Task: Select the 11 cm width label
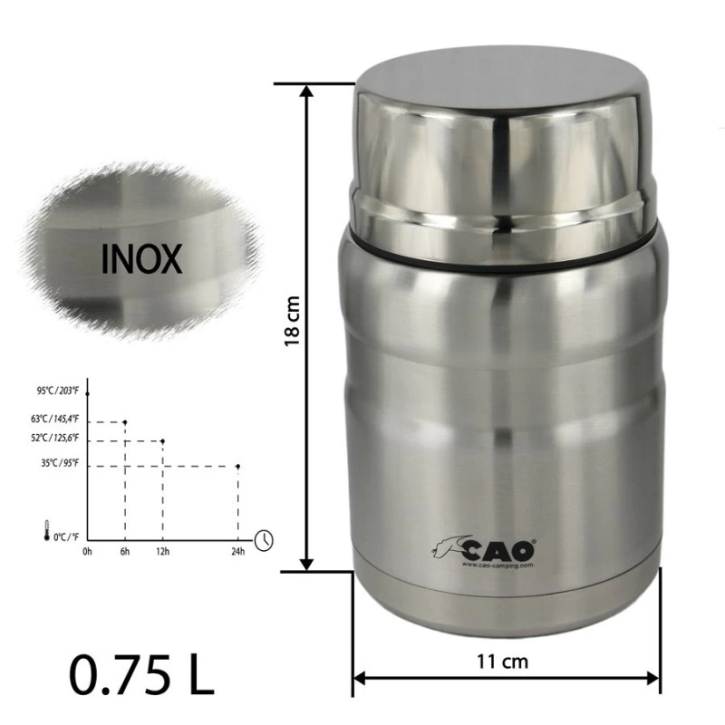(503, 661)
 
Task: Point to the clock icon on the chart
(264, 539)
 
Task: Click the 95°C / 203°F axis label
(59, 391)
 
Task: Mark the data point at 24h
(237, 467)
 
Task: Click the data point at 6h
(125, 421)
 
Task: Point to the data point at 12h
(162, 441)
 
